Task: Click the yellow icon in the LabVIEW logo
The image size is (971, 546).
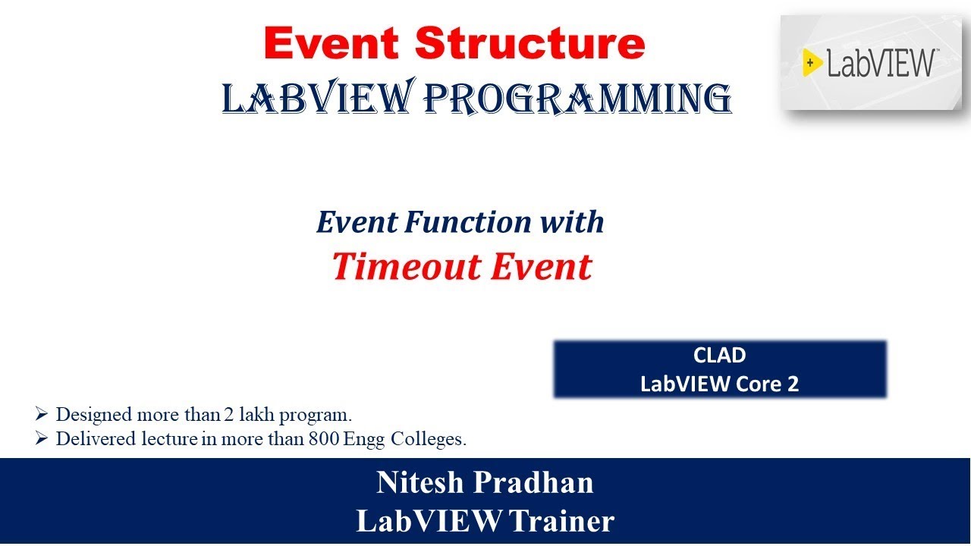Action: tap(813, 63)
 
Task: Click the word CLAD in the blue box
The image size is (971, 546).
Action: tap(719, 356)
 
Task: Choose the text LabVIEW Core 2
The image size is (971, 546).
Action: tap(719, 384)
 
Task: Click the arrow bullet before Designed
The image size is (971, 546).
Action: tap(42, 415)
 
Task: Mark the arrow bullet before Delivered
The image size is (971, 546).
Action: tap(42, 439)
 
